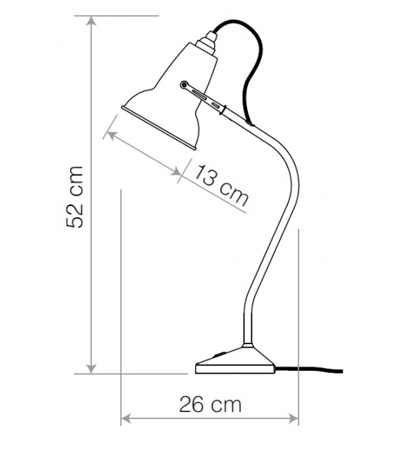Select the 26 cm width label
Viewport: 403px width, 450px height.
(x=211, y=404)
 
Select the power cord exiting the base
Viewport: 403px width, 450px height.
(x=316, y=369)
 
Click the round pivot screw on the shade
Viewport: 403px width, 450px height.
(x=184, y=86)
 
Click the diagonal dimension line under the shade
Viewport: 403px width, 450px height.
(x=144, y=152)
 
